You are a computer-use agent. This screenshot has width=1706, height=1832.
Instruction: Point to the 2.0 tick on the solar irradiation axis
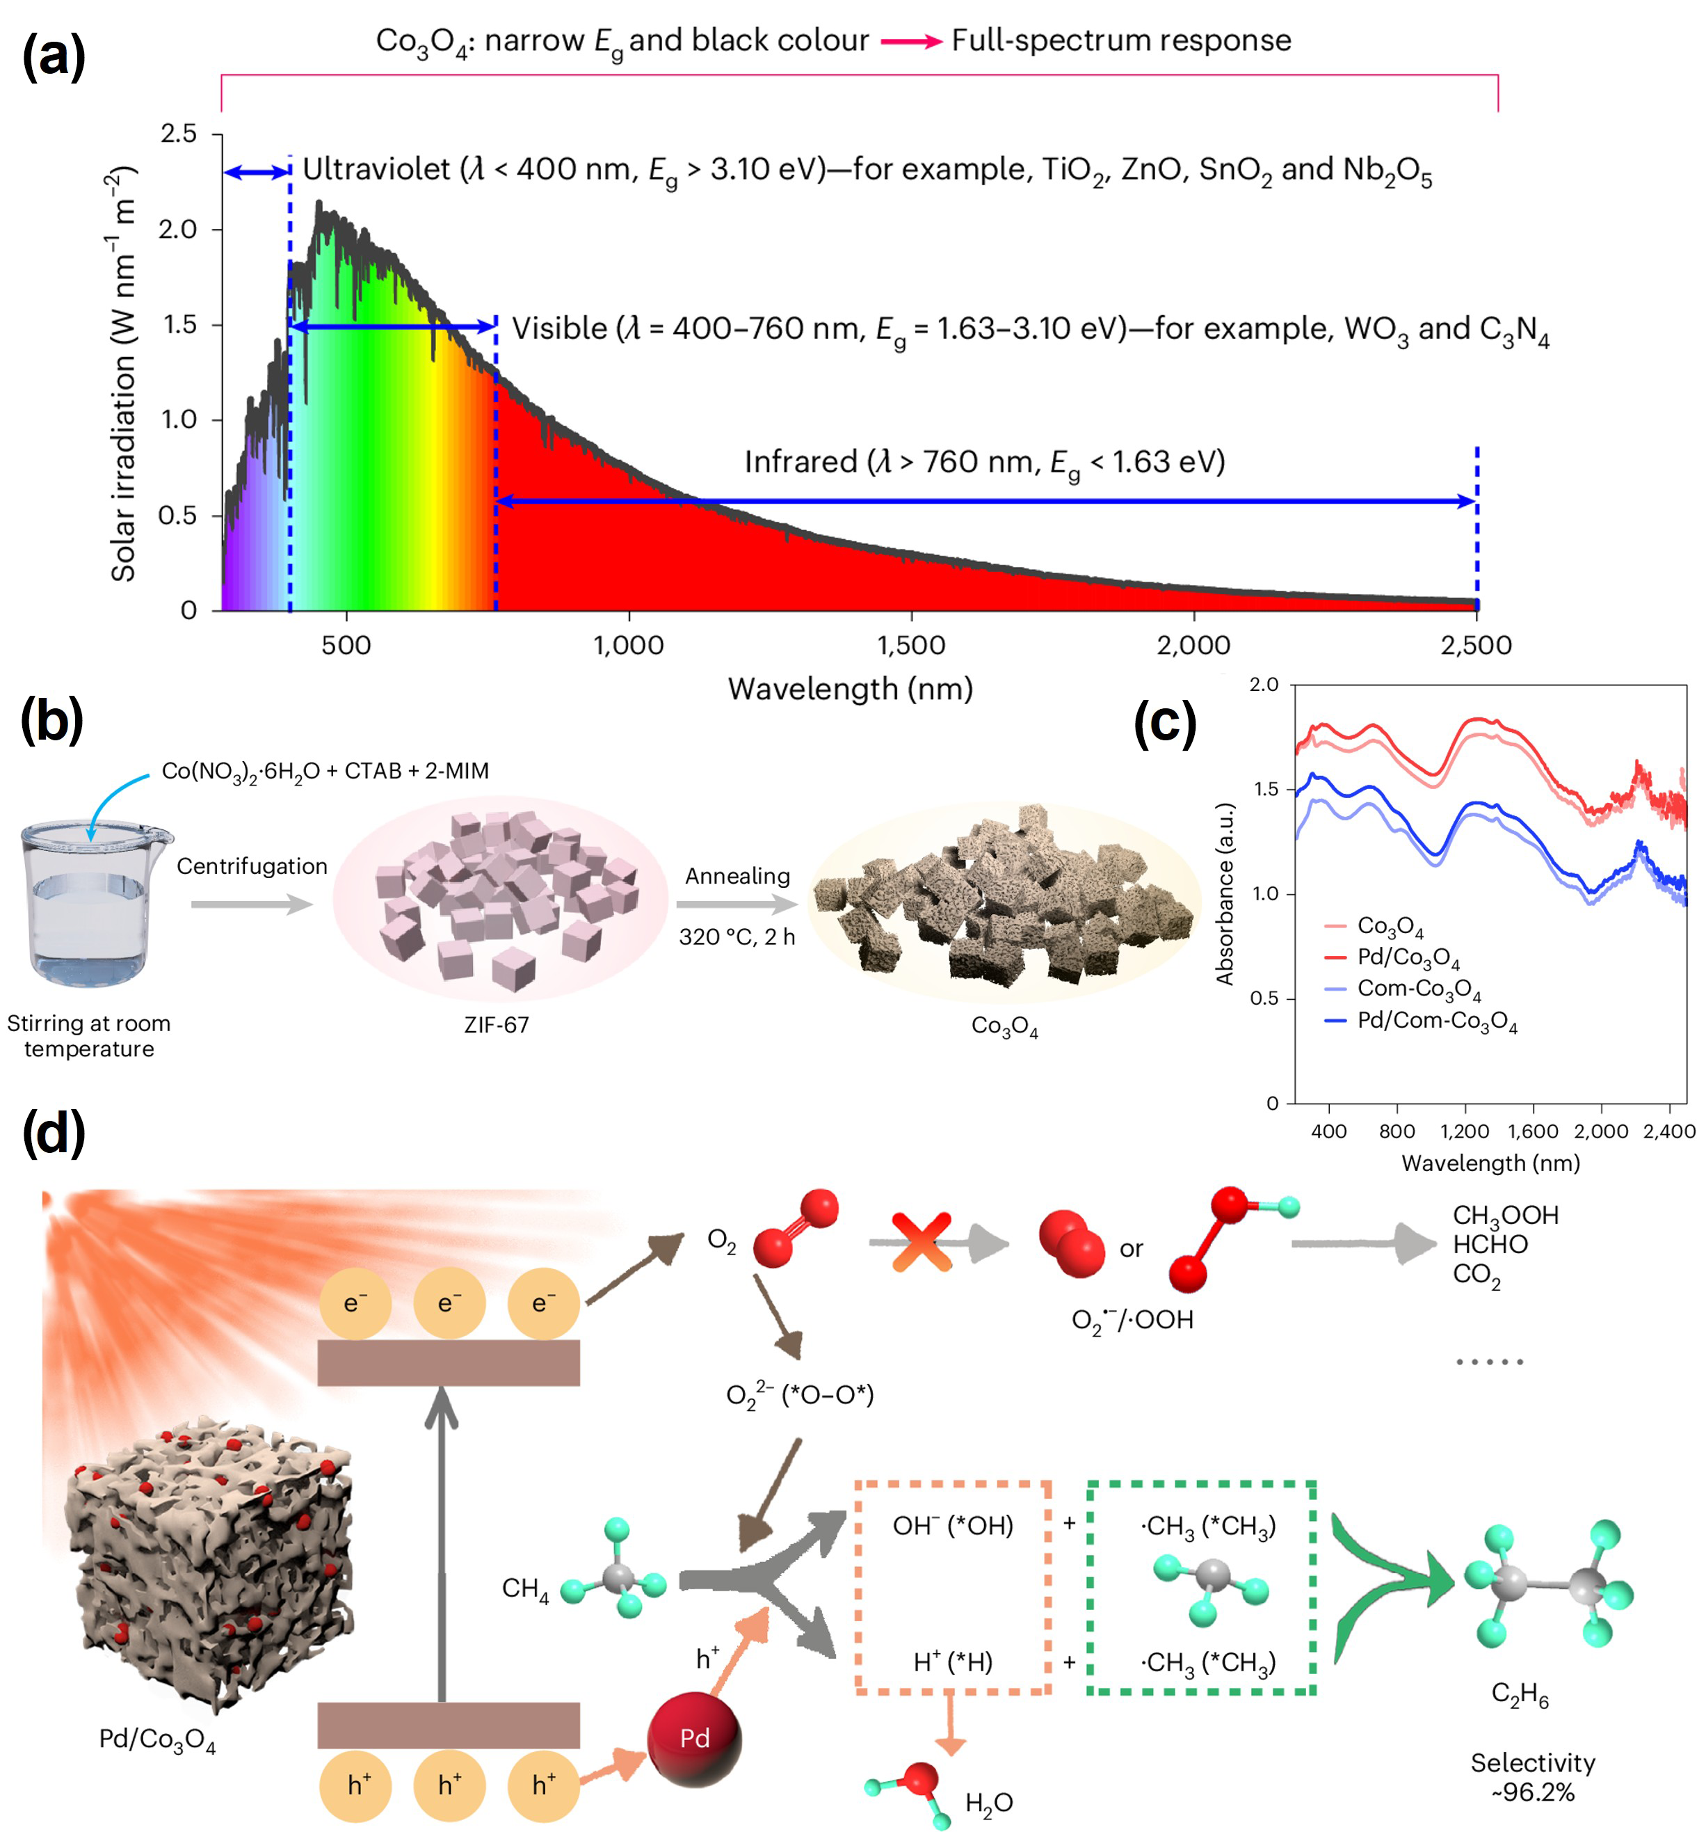(179, 228)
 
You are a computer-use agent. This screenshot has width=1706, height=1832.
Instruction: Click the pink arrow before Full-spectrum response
(910, 42)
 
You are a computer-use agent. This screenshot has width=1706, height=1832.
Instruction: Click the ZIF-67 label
(496, 1025)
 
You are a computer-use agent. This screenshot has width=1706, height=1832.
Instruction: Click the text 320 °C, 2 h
(737, 937)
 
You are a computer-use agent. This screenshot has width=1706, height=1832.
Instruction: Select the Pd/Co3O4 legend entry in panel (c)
(1407, 958)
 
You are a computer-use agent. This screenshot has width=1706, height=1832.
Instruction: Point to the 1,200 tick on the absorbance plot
(1465, 1131)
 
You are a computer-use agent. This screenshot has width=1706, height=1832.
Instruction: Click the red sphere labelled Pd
(695, 1738)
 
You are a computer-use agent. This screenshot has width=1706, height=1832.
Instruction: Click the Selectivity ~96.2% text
(1533, 1777)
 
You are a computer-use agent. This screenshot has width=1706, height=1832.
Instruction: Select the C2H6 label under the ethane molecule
(1520, 1694)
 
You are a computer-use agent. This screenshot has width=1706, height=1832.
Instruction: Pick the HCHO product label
(1490, 1244)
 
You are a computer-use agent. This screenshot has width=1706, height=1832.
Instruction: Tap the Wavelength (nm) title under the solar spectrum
(851, 688)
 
